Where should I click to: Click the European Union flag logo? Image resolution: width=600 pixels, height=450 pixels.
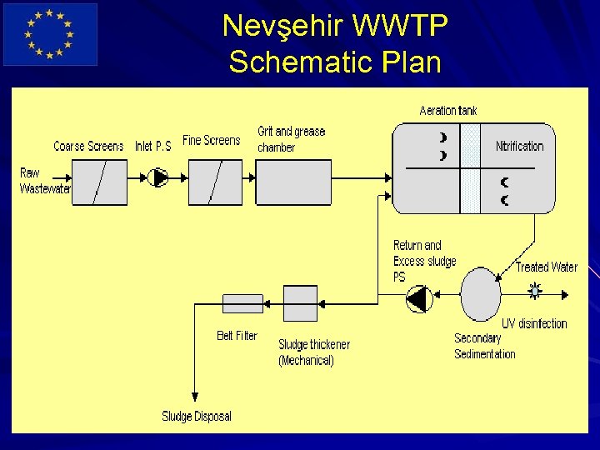click(50, 34)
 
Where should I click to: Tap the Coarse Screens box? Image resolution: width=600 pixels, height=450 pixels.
click(100, 182)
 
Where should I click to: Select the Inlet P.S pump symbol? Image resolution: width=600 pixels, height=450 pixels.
click(158, 177)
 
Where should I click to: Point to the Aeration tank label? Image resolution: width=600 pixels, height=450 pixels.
click(448, 111)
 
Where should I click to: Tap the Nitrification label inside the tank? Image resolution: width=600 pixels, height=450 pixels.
click(519, 147)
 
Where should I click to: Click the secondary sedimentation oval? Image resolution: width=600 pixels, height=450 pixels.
click(480, 293)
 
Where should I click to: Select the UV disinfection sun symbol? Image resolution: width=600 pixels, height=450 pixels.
click(535, 291)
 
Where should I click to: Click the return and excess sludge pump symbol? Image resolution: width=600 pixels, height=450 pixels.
click(419, 297)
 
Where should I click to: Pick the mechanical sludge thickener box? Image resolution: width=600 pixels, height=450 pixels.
click(300, 303)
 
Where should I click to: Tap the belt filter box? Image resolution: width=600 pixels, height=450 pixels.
click(242, 303)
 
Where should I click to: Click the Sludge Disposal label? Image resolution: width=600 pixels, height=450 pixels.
click(197, 416)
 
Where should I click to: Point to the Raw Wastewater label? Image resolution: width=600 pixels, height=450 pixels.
click(43, 181)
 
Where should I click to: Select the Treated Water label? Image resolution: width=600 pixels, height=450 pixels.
click(546, 267)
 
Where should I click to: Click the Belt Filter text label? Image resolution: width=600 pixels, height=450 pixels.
click(237, 336)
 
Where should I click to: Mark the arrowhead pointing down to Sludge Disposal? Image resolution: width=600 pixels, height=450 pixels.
click(195, 397)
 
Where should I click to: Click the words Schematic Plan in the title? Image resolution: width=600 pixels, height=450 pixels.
click(335, 62)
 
